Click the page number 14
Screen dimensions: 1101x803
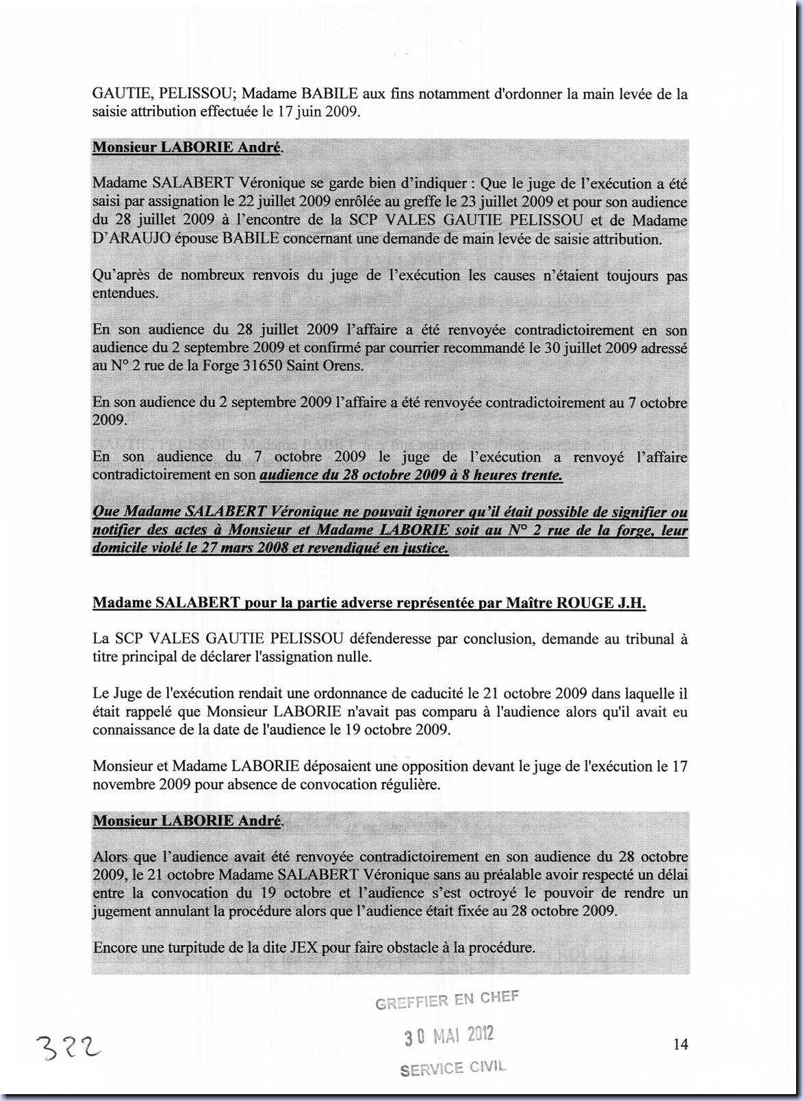680,1044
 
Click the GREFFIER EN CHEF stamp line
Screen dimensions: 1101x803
447,1000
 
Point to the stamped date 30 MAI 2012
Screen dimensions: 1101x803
448,1035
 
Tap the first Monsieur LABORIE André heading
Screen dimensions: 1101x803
186,148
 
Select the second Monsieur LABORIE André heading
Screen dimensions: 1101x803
186,821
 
